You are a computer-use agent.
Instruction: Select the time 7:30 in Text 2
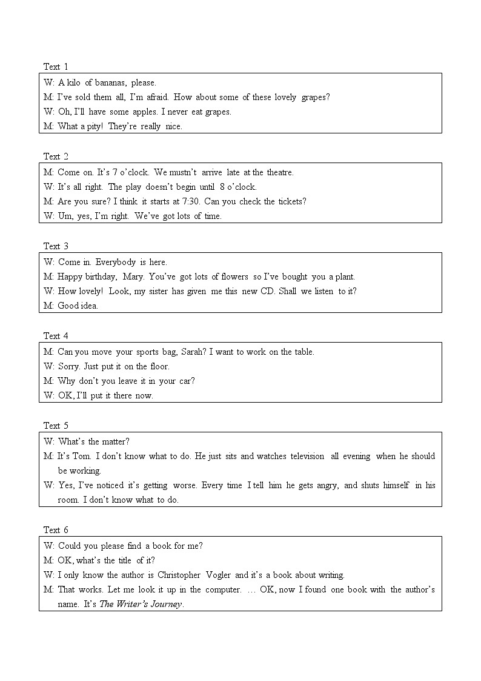point(190,201)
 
